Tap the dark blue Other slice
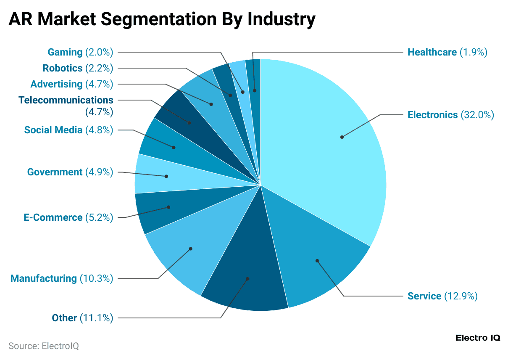[x=248, y=273]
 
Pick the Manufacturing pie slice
[x=189, y=252]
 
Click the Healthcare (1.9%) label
[x=447, y=52]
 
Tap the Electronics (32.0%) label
[x=450, y=115]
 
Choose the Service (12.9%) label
[x=442, y=296]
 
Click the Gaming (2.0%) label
[x=80, y=52]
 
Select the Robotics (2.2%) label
[x=78, y=68]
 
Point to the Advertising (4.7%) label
[x=72, y=84]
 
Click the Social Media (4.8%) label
[x=68, y=130]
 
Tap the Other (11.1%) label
[x=82, y=318]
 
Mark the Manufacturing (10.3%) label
[x=62, y=278]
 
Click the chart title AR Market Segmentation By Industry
[x=162, y=19]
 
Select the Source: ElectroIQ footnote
[x=44, y=346]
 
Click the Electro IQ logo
[x=478, y=338]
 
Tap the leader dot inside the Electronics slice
[x=342, y=137]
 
